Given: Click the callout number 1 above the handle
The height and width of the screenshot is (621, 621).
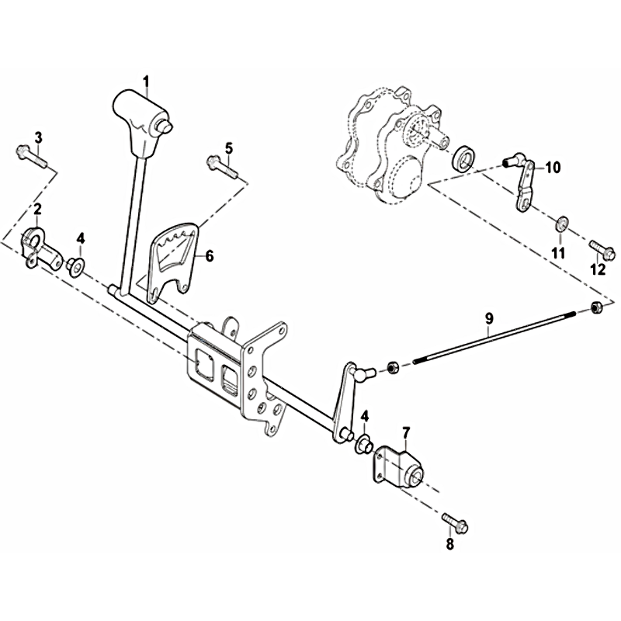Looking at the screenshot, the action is pyautogui.click(x=146, y=82).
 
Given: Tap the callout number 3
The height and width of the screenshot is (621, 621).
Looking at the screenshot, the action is pyautogui.click(x=38, y=138).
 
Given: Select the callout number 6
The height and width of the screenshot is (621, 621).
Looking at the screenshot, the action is pyautogui.click(x=209, y=256).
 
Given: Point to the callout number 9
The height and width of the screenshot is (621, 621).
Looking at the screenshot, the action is pyautogui.click(x=489, y=318).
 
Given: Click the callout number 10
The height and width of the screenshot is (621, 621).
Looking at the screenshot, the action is pyautogui.click(x=553, y=168).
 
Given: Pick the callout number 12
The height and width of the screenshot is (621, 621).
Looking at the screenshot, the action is pyautogui.click(x=598, y=269).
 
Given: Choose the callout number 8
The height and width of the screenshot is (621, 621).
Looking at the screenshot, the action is pyautogui.click(x=449, y=544).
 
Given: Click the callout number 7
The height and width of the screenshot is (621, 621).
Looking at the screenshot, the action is pyautogui.click(x=407, y=432).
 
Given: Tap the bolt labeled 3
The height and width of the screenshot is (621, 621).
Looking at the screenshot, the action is pyautogui.click(x=31, y=157).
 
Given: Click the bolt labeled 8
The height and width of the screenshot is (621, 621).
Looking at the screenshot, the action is pyautogui.click(x=455, y=522).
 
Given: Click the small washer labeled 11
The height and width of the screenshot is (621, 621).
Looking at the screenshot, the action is pyautogui.click(x=561, y=224).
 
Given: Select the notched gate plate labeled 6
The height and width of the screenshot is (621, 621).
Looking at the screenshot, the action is pyautogui.click(x=173, y=261).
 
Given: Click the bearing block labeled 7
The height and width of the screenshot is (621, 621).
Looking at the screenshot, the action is pyautogui.click(x=398, y=467).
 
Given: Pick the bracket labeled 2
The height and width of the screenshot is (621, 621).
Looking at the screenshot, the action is pyautogui.click(x=42, y=248).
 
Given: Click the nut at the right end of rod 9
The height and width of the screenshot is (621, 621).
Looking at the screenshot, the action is pyautogui.click(x=596, y=307).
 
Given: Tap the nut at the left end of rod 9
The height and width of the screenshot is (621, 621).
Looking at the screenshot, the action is pyautogui.click(x=393, y=368).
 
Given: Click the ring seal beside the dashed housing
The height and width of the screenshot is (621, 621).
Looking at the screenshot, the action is pyautogui.click(x=463, y=158).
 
